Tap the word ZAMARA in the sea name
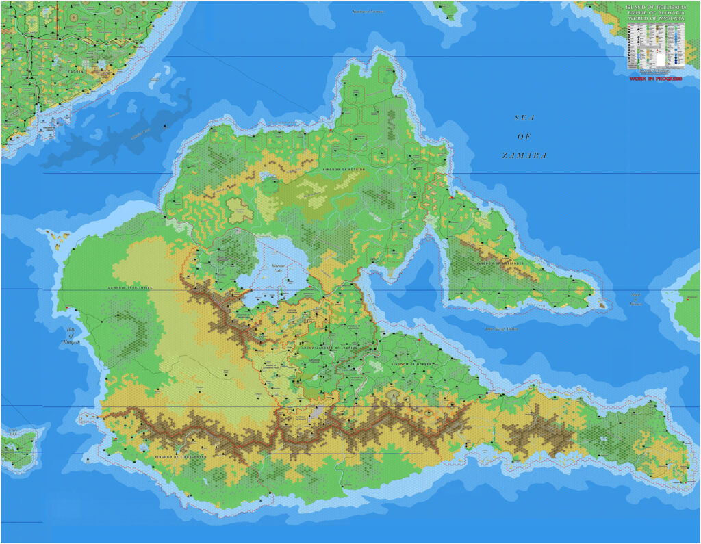pyautogui.click(x=524, y=155)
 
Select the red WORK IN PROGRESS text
pyautogui.click(x=655, y=79)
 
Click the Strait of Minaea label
pyautogui.click(x=637, y=300)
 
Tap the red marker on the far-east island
pyautogui.click(x=686, y=299)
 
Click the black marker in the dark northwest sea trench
pyautogui.click(x=166, y=127)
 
